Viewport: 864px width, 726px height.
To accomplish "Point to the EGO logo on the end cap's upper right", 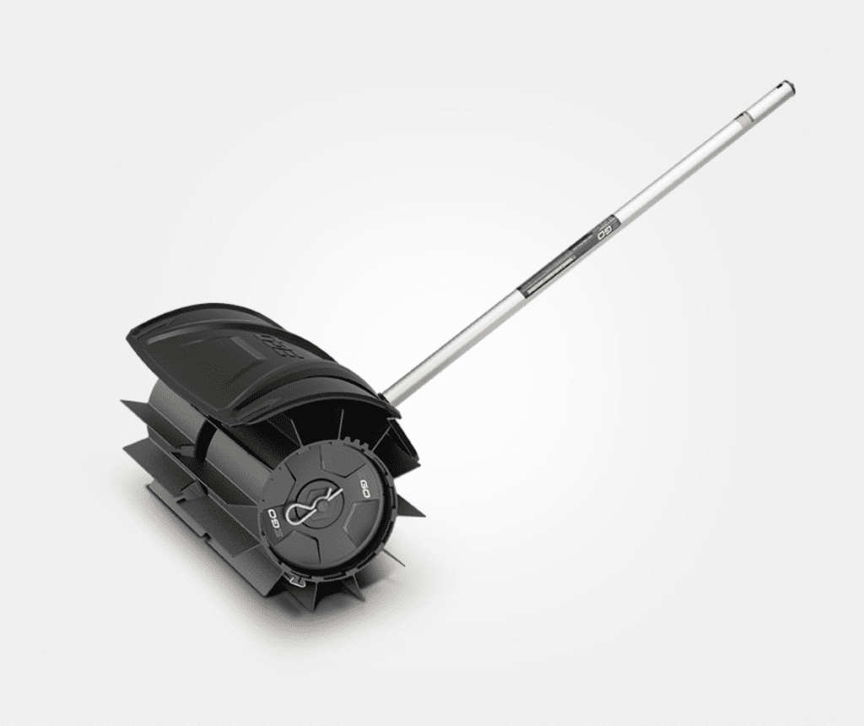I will click(x=365, y=490).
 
